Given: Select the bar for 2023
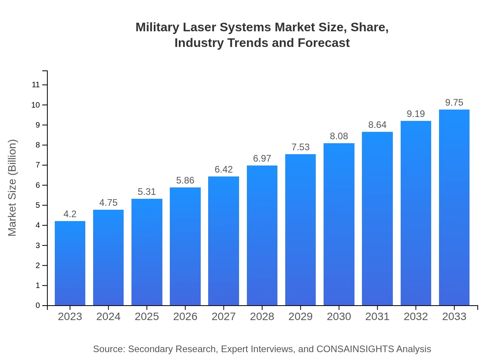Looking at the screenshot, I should (x=70, y=263).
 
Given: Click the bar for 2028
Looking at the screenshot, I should (x=262, y=236).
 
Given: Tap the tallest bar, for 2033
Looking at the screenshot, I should (x=454, y=207).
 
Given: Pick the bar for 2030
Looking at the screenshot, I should (x=339, y=224).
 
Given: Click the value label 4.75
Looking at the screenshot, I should (x=108, y=203).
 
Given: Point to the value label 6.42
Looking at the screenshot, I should (x=223, y=169).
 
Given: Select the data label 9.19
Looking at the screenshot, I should (x=416, y=114).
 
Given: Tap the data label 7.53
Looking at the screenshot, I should (x=300, y=147).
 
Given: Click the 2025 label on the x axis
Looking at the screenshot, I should (x=147, y=317).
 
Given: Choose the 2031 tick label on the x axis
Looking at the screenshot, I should (x=377, y=317).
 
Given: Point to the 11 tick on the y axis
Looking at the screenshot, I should (x=36, y=85).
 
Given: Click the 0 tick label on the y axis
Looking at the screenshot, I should (x=38, y=306).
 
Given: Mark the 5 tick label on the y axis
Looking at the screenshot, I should (x=38, y=205).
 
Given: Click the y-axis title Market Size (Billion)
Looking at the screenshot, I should (x=13, y=188).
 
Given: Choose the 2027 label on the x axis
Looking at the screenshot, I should (x=223, y=317).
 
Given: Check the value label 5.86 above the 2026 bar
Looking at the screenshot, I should (x=185, y=180).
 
